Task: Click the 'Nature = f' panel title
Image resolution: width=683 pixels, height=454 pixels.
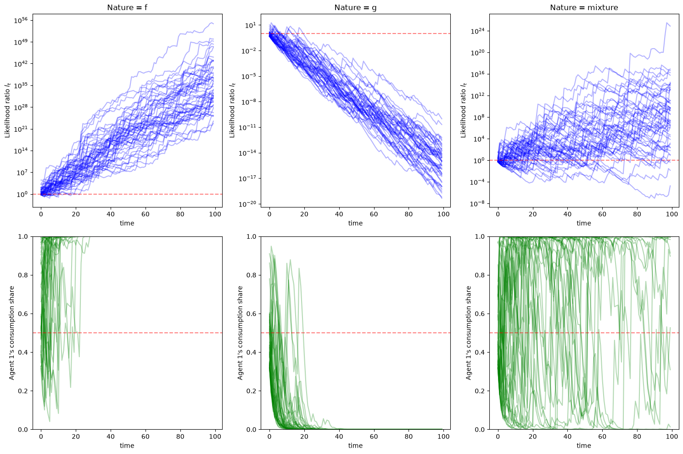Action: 127,7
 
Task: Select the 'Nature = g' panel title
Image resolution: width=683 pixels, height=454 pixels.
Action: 356,7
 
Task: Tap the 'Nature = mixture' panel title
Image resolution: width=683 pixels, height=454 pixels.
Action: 584,7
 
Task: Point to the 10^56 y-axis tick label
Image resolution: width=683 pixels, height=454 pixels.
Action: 21,21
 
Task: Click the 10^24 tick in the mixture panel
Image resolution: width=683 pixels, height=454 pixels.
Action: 478,31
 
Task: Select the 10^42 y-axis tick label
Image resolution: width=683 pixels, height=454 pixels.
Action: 21,64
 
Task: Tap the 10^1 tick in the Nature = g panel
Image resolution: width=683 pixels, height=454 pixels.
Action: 251,25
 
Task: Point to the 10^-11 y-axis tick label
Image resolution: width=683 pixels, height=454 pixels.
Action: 247,127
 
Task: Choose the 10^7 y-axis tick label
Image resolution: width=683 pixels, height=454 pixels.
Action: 22,173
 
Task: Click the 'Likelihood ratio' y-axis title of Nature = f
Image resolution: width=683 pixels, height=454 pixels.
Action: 7,110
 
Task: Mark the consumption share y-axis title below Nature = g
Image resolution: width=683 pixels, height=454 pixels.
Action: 240,333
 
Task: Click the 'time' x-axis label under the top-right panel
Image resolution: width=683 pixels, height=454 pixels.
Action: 584,223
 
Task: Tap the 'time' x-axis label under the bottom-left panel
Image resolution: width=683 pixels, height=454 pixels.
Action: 127,445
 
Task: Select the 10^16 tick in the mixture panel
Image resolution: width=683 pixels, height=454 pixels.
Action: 478,74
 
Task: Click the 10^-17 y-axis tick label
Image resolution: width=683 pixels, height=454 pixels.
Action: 247,178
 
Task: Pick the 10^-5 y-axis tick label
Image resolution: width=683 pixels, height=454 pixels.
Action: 249,76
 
